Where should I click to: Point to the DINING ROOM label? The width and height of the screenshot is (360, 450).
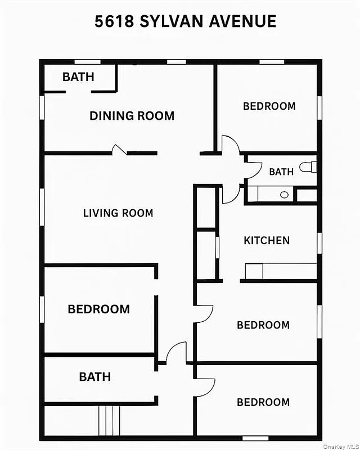coord(132,116)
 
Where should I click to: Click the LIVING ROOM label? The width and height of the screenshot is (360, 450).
coord(118,213)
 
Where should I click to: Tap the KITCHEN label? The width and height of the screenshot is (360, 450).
coord(267,241)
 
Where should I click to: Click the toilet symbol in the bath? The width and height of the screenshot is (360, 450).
coord(308,167)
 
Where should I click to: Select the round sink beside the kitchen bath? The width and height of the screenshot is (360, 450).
coord(285,195)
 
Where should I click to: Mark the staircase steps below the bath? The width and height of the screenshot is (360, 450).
coord(109,420)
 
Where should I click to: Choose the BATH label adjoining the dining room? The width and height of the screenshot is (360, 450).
coord(78,77)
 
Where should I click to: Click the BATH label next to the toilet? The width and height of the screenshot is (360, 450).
coord(281,172)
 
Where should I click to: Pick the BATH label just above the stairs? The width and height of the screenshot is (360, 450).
coord(94,377)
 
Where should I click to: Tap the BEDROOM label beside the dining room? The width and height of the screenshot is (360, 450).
coord(269,106)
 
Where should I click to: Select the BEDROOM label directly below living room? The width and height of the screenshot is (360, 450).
coord(98,309)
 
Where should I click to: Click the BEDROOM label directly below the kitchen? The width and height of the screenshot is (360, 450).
coord(263,325)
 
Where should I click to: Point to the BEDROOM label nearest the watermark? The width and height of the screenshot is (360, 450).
coord(263,402)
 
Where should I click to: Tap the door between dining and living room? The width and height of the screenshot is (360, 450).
coord(120,150)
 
